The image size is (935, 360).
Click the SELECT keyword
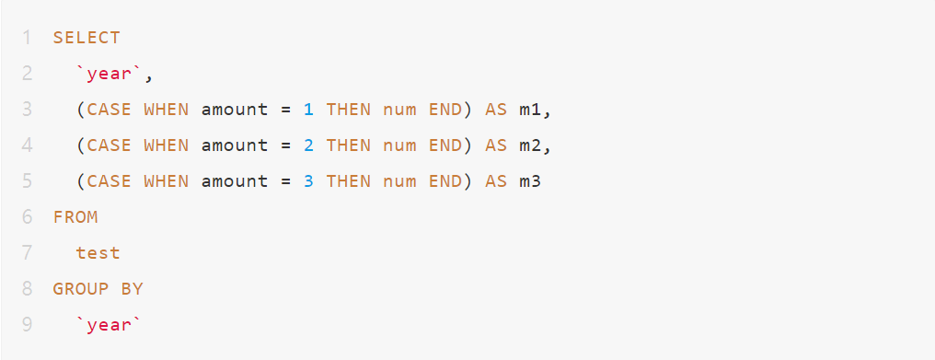click(87, 38)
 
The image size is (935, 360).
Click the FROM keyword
click(75, 217)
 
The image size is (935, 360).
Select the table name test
click(98, 253)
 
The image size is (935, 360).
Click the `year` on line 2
click(110, 74)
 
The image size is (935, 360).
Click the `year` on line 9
click(110, 325)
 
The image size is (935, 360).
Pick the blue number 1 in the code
click(308, 110)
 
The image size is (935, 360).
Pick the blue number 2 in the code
click(308, 145)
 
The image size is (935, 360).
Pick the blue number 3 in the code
click(308, 181)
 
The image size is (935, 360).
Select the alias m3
click(530, 181)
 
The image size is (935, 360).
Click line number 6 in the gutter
click(28, 217)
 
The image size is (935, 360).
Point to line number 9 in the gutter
click(28, 325)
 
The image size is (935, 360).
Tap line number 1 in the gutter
click(28, 38)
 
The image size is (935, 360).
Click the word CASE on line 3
click(110, 110)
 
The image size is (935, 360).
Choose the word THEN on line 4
click(348, 145)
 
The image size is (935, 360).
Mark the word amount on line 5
click(235, 181)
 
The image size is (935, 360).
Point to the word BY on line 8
click(133, 289)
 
